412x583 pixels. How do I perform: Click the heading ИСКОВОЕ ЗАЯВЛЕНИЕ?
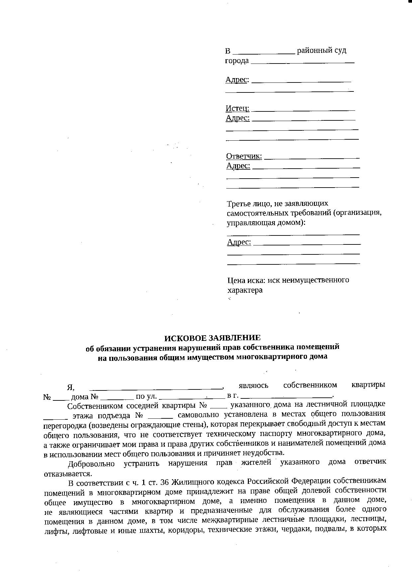point(213,338)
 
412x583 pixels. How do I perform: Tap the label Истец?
point(237,108)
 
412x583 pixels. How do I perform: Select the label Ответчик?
point(244,156)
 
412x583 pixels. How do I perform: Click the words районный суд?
point(321,51)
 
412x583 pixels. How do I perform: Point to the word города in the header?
point(237,61)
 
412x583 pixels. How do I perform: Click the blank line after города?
point(302,62)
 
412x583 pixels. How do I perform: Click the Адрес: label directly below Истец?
point(238,118)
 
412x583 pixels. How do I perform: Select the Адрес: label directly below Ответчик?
point(238,166)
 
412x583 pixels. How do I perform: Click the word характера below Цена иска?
point(245,290)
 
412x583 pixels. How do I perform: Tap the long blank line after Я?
point(156,388)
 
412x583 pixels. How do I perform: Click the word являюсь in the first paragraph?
point(254,385)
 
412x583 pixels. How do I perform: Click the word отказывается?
point(67,474)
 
